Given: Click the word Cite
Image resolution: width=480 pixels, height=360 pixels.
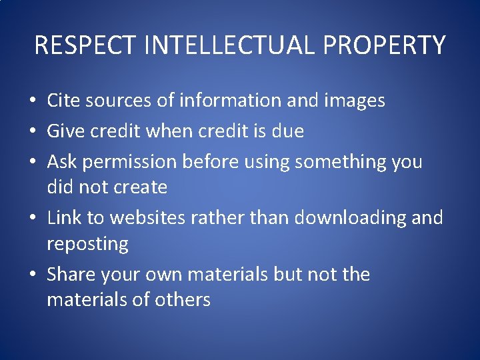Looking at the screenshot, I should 63,101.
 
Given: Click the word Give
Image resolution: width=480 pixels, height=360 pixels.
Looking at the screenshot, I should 64,131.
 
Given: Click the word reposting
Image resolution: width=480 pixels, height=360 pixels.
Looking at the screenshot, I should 87,244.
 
